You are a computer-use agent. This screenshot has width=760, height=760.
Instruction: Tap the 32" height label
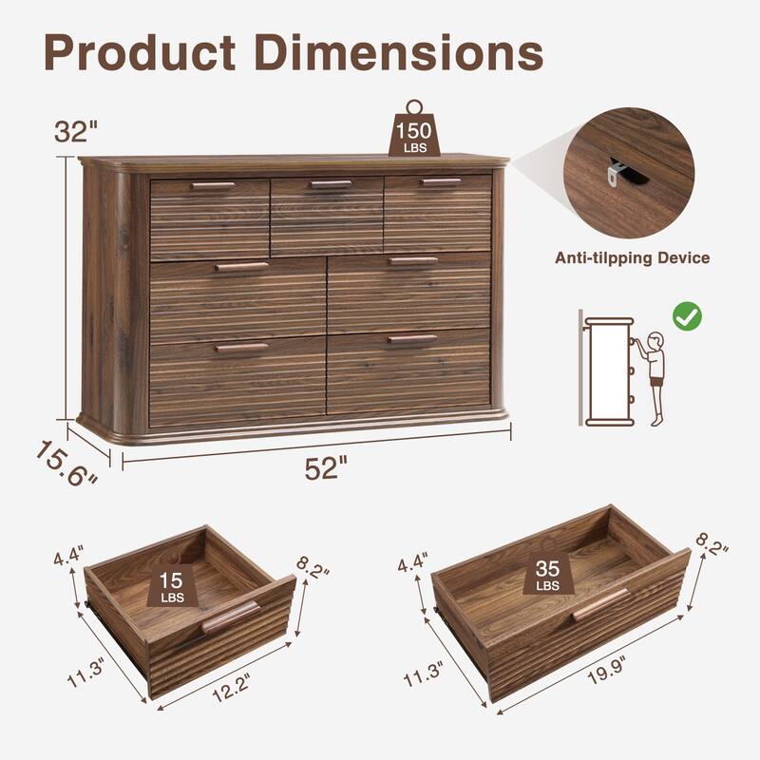76,132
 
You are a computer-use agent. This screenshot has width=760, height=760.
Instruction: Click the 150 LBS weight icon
414,131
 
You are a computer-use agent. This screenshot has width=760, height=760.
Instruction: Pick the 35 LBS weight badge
548,575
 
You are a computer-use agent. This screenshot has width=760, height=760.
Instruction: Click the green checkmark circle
687,316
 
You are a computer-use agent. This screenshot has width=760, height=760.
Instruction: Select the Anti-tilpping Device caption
632,257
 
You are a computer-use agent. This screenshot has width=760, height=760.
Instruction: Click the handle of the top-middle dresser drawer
331,184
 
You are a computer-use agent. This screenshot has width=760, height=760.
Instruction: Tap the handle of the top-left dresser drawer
212,185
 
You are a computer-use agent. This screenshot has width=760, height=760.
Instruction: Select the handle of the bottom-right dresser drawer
412,338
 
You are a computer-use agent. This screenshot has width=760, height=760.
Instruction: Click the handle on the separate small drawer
230,617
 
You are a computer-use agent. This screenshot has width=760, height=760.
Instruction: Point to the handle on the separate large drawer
600,603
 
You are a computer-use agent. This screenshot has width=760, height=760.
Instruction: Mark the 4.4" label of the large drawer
413,563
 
